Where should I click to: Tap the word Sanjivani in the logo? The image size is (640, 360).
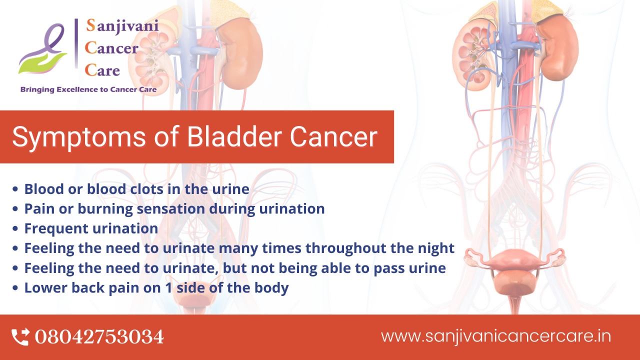[122, 25]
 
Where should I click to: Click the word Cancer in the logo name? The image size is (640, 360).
[111, 48]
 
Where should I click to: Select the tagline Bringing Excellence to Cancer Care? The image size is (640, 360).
[88, 89]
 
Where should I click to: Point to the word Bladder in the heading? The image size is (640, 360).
[234, 136]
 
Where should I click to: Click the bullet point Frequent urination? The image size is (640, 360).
[91, 228]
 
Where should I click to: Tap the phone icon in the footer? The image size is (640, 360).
[20, 337]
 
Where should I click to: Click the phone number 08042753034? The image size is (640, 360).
[99, 337]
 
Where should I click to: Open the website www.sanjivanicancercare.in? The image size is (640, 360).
[495, 336]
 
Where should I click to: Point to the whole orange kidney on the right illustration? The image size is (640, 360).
[557, 50]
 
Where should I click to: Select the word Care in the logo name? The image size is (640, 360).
[102, 70]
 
